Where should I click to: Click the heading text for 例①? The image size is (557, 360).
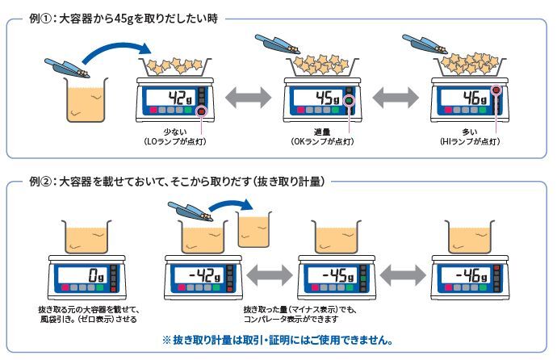point(121,17)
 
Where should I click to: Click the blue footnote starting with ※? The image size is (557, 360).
point(278,340)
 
